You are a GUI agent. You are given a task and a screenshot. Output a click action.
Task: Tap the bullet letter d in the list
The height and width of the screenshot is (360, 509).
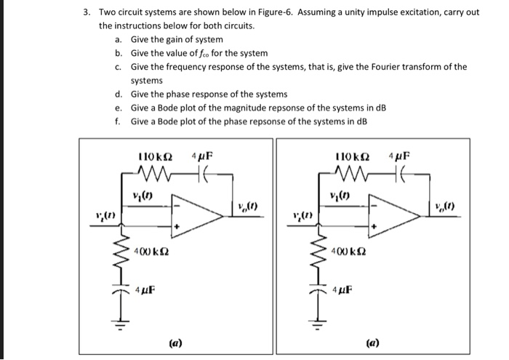[118, 95]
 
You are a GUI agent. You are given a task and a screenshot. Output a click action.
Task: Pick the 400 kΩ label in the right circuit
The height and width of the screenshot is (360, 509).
[348, 251]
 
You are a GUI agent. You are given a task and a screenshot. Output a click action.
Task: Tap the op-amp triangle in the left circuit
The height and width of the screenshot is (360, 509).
[197, 212]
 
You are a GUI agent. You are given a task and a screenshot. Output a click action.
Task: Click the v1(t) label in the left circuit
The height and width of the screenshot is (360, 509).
[142, 196]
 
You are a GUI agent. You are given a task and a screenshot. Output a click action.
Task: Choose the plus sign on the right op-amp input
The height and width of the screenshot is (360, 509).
[374, 226]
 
